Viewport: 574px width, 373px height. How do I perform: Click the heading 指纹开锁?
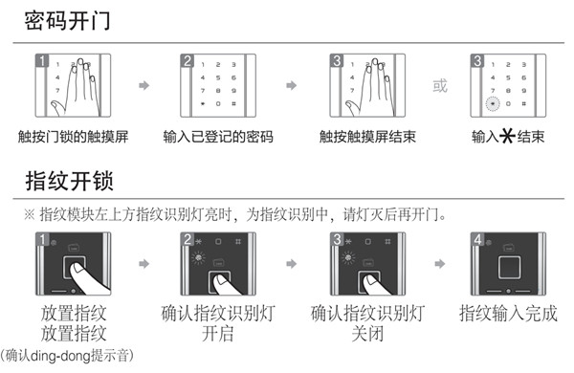tap(66, 180)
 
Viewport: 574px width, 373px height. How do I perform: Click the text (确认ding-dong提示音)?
tap(68, 355)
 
